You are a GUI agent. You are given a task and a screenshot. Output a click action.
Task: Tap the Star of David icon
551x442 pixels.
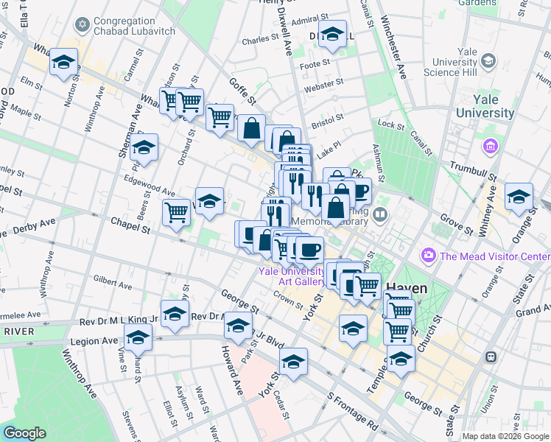pos(83,26)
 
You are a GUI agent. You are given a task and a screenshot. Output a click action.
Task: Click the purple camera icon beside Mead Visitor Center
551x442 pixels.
pos(428,256)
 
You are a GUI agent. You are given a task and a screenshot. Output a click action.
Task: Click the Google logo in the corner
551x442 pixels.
pos(24,433)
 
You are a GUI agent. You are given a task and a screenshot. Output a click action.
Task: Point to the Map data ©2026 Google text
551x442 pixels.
pos(505,436)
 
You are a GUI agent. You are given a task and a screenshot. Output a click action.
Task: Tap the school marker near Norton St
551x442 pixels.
pos(64,62)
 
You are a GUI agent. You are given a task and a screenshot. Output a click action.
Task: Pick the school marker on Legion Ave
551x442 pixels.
pos(138,337)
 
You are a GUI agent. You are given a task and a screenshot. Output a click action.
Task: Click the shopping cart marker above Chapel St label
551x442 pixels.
pos(176,211)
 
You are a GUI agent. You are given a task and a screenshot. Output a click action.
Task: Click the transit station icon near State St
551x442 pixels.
pos(490,357)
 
